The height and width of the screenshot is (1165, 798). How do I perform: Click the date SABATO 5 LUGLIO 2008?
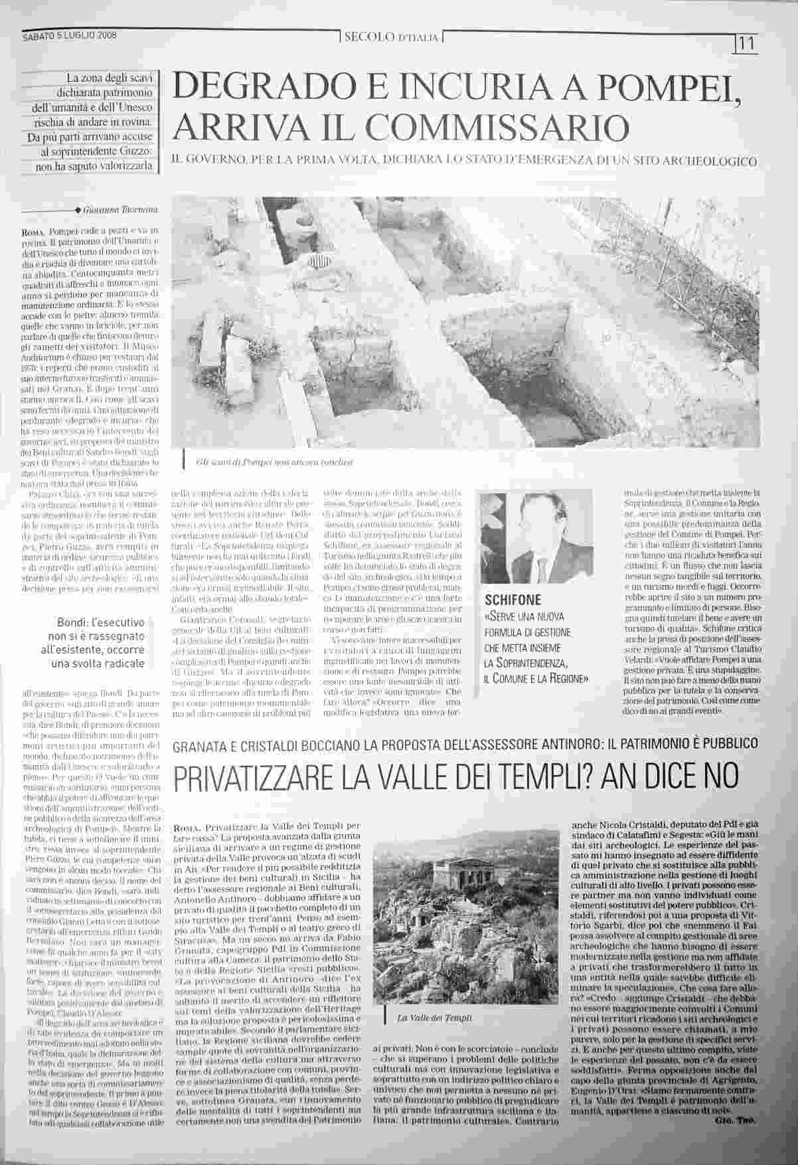point(69,36)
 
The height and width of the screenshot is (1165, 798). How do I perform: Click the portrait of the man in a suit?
point(536,538)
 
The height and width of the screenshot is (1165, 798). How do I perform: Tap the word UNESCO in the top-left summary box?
point(133,108)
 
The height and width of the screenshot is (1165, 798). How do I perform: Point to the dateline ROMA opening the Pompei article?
point(32,232)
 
